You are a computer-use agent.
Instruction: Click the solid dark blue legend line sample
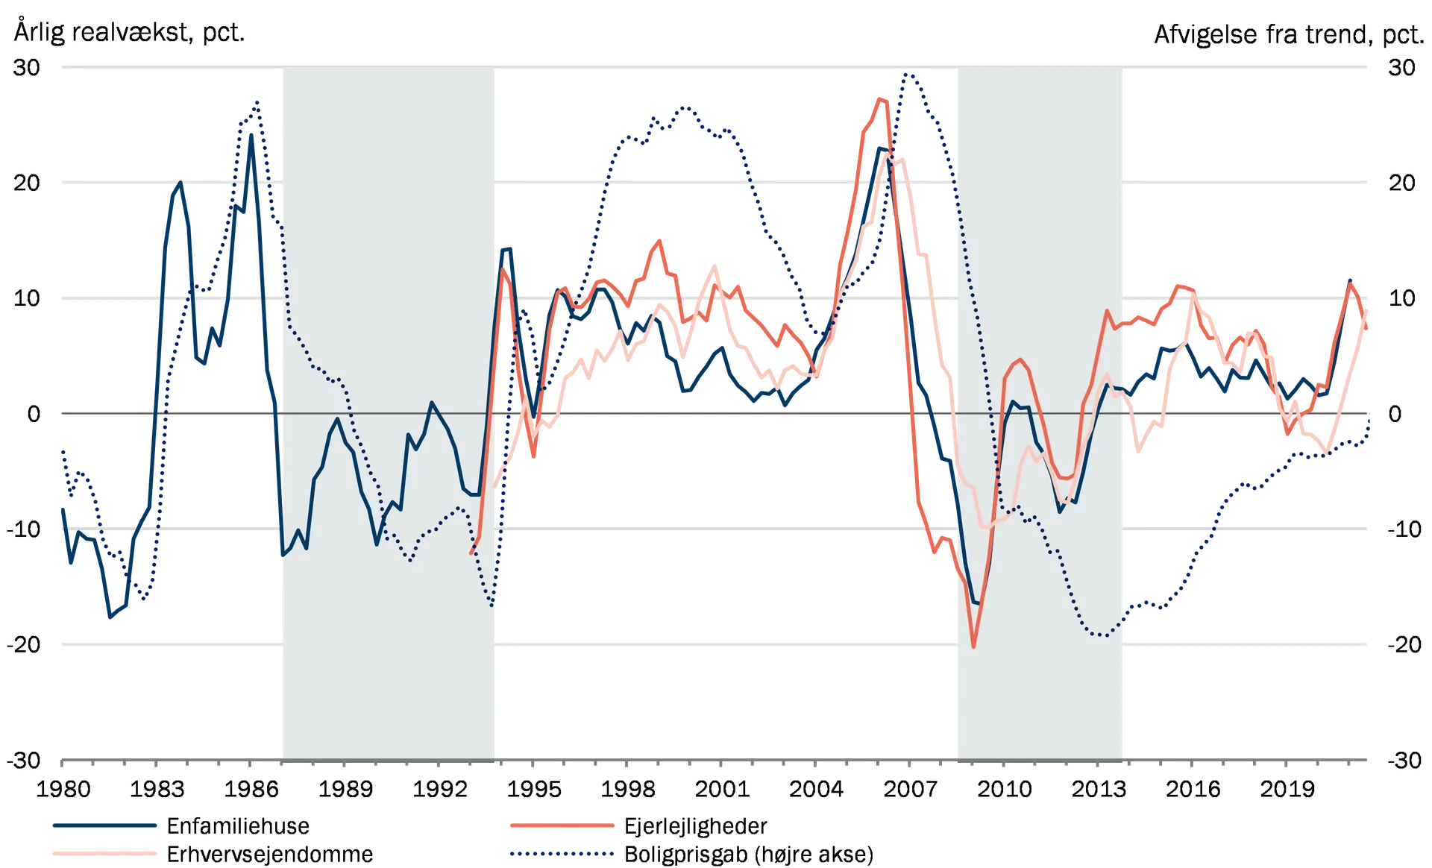[105, 825]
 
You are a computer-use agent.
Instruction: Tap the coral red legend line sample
[563, 825]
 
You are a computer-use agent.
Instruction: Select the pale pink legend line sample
[105, 853]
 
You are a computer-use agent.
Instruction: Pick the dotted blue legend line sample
[563, 853]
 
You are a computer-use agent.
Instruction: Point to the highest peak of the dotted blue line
[905, 73]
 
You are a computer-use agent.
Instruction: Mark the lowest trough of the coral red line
[974, 647]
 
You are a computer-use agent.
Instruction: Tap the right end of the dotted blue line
[1371, 418]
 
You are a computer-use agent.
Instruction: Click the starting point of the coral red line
[471, 553]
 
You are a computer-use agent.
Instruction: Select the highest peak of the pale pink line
[894, 157]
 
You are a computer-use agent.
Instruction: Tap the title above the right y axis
[1283, 34]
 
